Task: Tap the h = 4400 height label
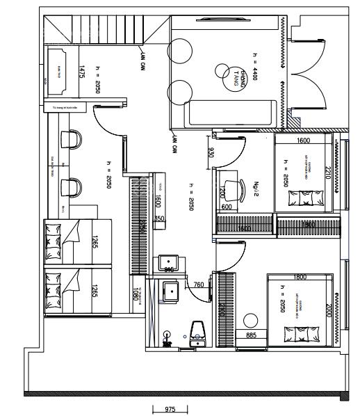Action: [255, 67]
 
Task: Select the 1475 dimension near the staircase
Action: [81, 71]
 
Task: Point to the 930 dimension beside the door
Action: [211, 152]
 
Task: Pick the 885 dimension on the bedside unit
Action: [252, 335]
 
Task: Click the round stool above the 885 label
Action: [250, 321]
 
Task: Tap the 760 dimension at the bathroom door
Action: [199, 285]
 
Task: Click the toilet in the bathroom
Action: [197, 333]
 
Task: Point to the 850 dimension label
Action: [159, 218]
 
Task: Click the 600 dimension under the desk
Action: [227, 207]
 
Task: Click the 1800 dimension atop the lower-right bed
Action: [300, 277]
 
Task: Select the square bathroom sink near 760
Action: [170, 290]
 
